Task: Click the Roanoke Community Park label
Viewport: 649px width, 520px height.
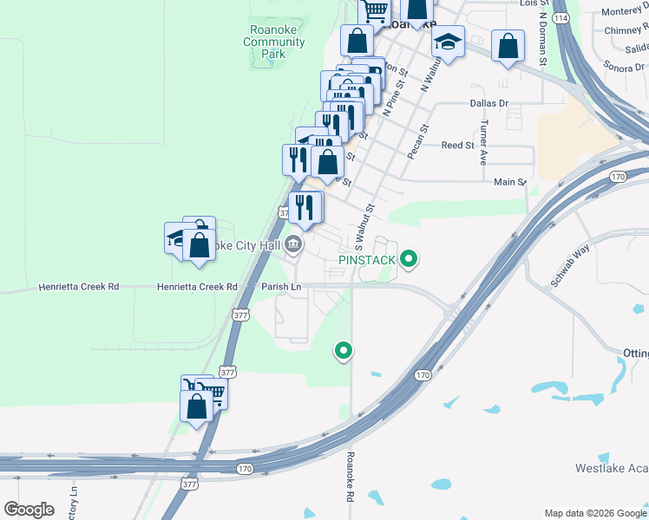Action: [274, 42]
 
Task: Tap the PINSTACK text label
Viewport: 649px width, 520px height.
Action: [367, 259]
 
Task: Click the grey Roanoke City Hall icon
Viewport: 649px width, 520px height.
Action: [294, 246]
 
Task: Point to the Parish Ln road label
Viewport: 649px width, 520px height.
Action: [281, 287]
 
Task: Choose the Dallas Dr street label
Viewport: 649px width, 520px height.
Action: [488, 102]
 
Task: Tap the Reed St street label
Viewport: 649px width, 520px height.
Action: [457, 146]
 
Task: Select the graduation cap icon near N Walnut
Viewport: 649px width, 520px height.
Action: [449, 42]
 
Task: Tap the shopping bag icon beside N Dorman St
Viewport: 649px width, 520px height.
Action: [508, 46]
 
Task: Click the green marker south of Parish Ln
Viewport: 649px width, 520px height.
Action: [344, 351]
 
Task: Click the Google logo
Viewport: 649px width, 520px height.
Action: [29, 510]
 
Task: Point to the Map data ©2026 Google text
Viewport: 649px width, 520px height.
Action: [594, 513]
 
